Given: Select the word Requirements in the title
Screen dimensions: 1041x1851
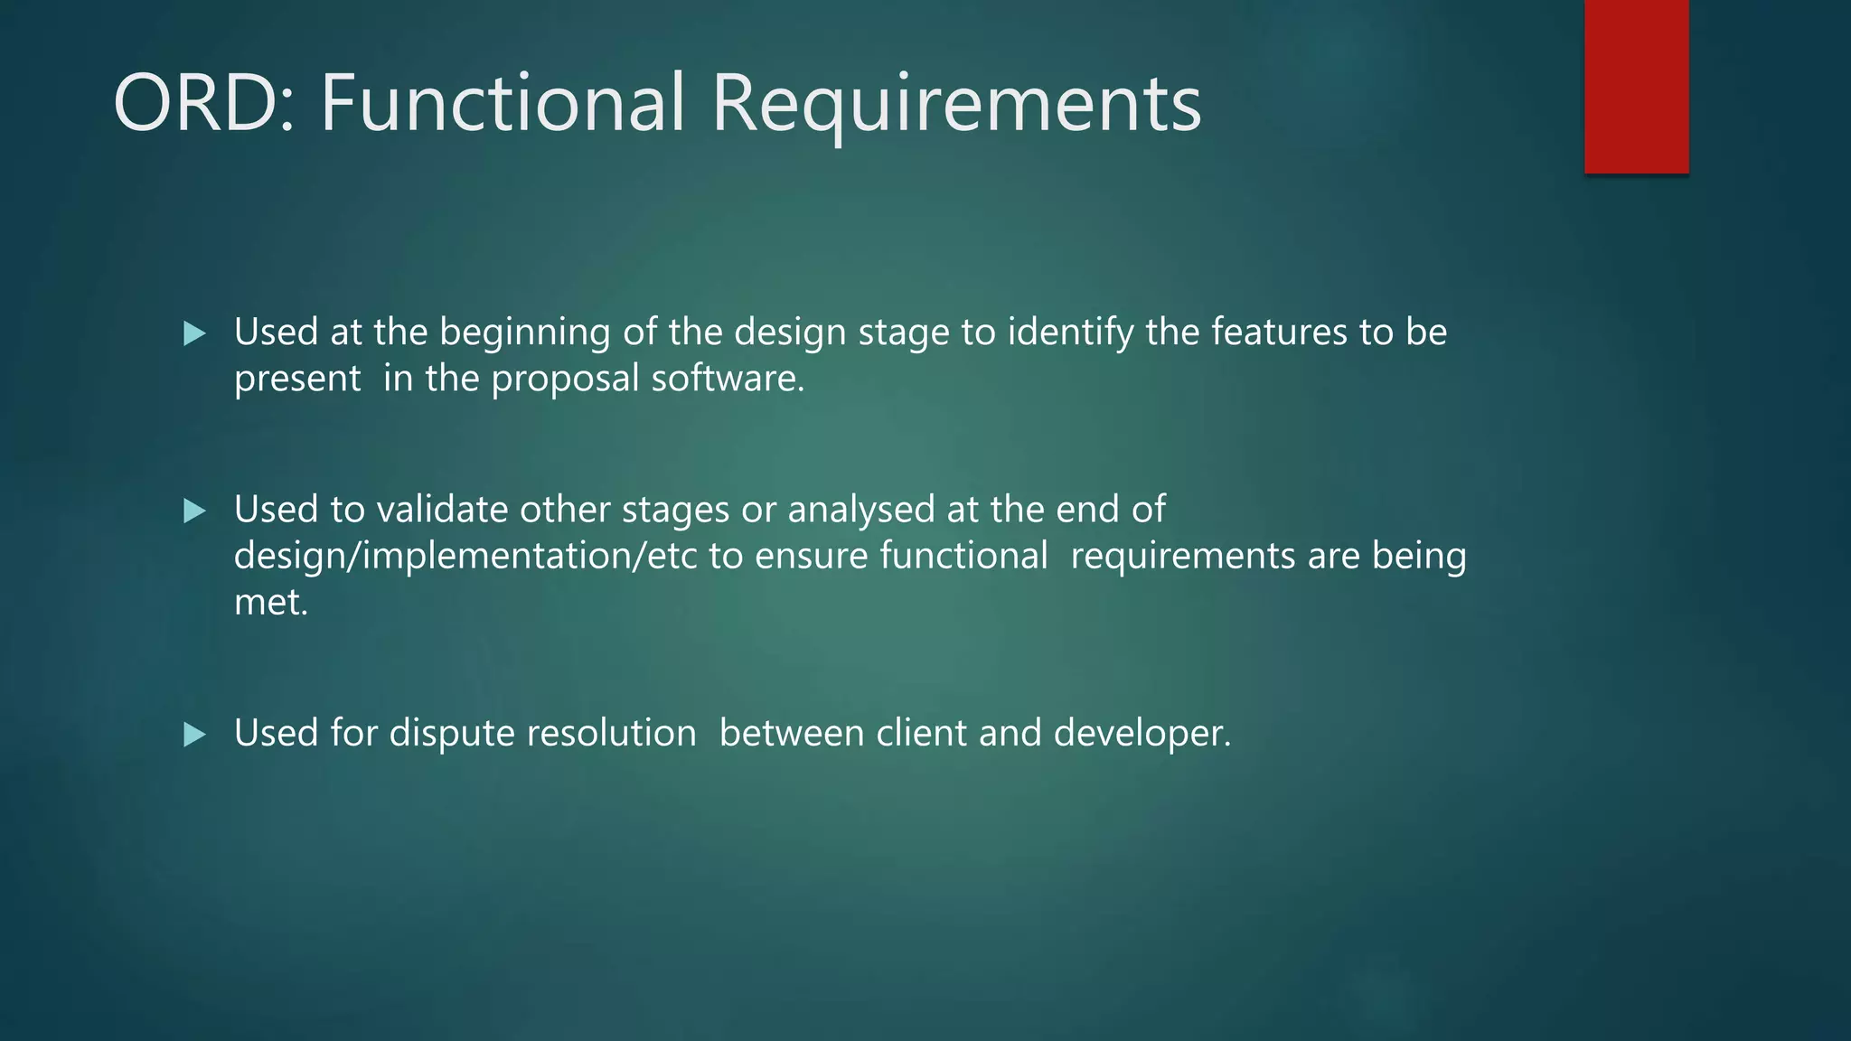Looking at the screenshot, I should pyautogui.click(x=956, y=105).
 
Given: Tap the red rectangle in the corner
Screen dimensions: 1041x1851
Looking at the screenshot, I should pyautogui.click(x=1636, y=86).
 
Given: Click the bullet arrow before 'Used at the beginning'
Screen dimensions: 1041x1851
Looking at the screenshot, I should pyautogui.click(x=194, y=334).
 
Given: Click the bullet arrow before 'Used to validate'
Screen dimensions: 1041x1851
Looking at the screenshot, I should pyautogui.click(x=194, y=511).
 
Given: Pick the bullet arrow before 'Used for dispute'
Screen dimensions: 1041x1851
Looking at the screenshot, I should pyautogui.click(x=194, y=735).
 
